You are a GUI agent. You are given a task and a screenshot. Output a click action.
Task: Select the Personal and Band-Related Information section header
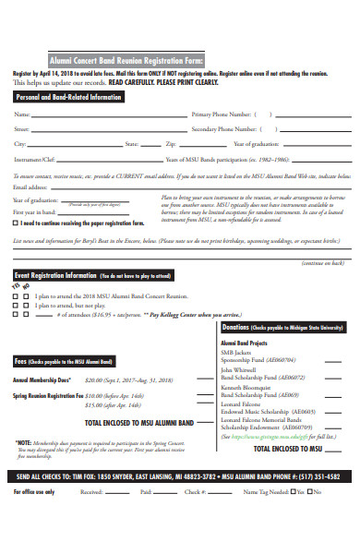click(69, 95)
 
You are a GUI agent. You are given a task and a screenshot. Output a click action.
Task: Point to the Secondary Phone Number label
click(225, 129)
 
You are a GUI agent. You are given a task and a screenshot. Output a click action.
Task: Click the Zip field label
click(170, 144)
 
